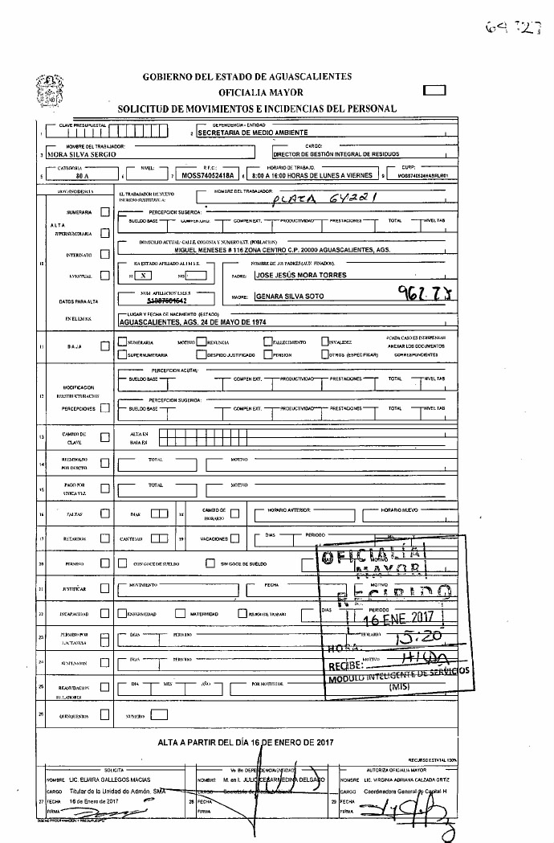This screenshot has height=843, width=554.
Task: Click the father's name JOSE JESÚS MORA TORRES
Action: [x=302, y=275]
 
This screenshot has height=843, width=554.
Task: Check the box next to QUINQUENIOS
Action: [x=104, y=714]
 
